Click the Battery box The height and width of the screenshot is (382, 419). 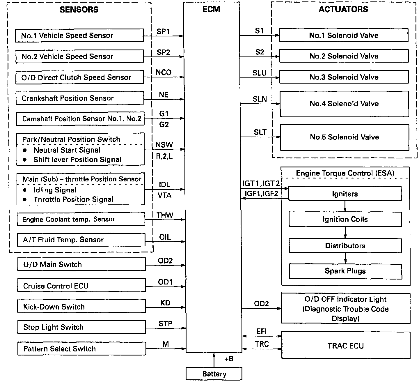214,374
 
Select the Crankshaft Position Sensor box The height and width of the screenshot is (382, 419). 79,98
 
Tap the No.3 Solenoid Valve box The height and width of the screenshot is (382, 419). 344,77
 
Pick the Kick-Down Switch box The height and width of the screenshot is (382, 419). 81,307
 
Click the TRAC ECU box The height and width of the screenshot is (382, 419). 345,346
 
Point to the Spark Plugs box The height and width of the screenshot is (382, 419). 345,271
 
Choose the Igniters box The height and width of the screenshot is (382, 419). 345,194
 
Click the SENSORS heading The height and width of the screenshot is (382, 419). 79,10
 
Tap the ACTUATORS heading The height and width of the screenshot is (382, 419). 343,9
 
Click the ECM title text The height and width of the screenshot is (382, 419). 211,9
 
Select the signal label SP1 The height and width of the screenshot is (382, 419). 163,31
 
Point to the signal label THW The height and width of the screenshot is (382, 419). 165,215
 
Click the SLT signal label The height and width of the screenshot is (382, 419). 260,132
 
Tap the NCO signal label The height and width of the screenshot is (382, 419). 163,72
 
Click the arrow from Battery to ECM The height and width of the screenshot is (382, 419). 214,360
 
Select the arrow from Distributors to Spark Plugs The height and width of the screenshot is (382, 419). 345,258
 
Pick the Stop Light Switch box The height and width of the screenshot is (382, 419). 81,327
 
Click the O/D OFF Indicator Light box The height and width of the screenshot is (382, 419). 345,309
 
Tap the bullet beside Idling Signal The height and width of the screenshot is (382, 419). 25,190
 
